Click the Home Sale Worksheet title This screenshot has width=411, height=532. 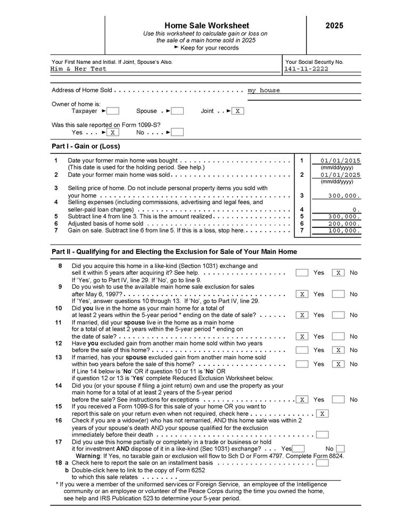point(206,26)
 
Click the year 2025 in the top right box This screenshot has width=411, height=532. point(334,26)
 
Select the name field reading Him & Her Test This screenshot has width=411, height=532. point(79,69)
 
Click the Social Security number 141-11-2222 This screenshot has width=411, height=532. point(306,69)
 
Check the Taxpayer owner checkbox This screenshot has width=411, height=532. point(113,111)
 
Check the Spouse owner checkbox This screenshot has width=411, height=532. point(178,111)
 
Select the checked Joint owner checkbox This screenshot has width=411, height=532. point(238,111)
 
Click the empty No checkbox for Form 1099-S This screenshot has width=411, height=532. point(178,132)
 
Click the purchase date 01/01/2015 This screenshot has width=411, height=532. point(340,161)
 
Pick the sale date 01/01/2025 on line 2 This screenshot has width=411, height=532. point(340,175)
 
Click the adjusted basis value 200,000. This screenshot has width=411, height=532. point(344,224)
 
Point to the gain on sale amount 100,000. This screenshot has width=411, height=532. point(344,231)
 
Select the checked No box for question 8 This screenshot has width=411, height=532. point(338,273)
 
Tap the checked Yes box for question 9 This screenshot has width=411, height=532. point(302,294)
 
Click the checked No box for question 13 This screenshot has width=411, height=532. point(338,364)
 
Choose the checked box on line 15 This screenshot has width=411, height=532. point(322,413)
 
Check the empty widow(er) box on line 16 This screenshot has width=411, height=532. point(322,435)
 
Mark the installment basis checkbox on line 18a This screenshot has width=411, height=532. point(322,463)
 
